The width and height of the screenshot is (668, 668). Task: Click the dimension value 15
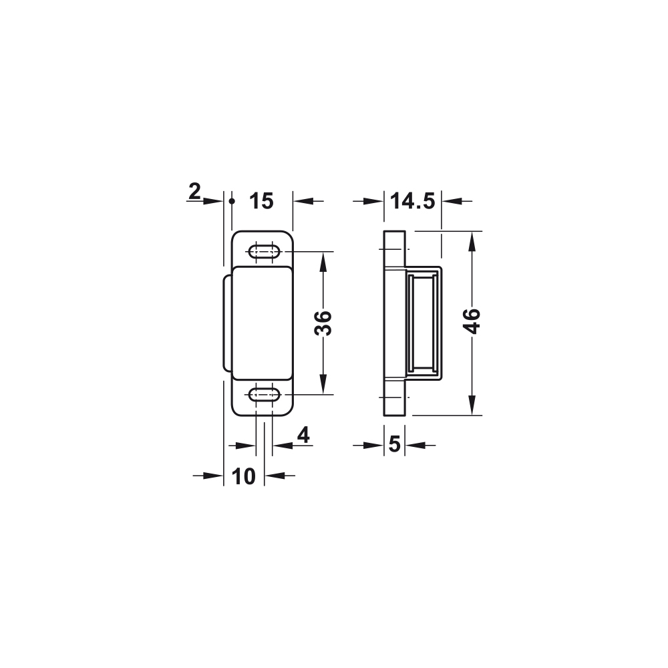click(261, 201)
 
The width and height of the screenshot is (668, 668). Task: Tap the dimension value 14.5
click(412, 201)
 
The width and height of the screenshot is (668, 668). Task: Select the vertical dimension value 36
click(323, 323)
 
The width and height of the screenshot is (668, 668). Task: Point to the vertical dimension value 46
click(472, 321)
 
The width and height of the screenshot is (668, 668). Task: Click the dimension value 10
click(244, 476)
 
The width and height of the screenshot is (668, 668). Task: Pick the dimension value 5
click(395, 445)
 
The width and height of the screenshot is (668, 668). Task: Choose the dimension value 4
click(303, 435)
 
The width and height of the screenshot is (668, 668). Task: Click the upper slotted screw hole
click(264, 251)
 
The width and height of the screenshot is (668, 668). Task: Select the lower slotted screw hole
click(264, 395)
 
